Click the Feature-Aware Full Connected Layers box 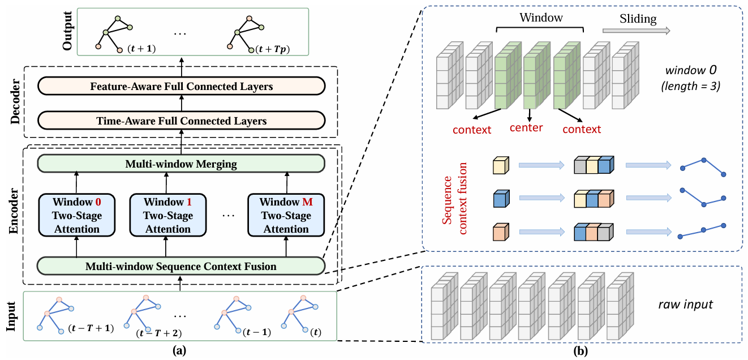(x=181, y=87)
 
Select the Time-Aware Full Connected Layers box (x=181, y=121)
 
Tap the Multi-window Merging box (x=181, y=164)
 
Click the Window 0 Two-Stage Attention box (x=76, y=216)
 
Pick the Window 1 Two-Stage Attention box (x=167, y=216)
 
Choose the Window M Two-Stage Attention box (x=286, y=216)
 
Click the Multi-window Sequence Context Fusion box (x=181, y=266)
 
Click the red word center (x=526, y=127)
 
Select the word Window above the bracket (x=541, y=18)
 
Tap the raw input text (x=685, y=305)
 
